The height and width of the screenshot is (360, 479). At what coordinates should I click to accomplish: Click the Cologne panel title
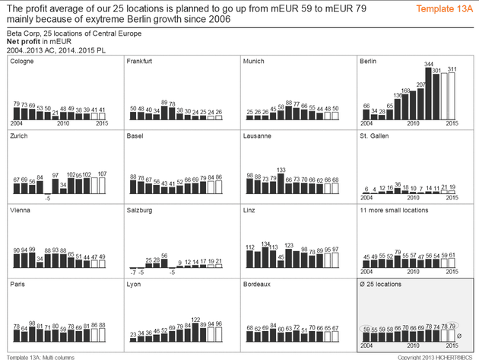coord(22,62)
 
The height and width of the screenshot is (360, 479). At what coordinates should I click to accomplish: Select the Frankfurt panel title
coord(142,62)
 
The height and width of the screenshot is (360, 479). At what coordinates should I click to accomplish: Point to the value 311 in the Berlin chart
coord(452,69)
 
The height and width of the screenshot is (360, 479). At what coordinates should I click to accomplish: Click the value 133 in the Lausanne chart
coord(281,169)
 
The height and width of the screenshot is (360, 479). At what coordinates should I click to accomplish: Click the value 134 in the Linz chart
coord(265,244)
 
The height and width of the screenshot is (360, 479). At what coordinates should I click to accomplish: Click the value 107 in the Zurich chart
coord(103,174)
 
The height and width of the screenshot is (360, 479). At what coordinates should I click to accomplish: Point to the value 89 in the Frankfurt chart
coord(164,101)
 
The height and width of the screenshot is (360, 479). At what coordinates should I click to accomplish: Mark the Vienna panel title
coord(21,210)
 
